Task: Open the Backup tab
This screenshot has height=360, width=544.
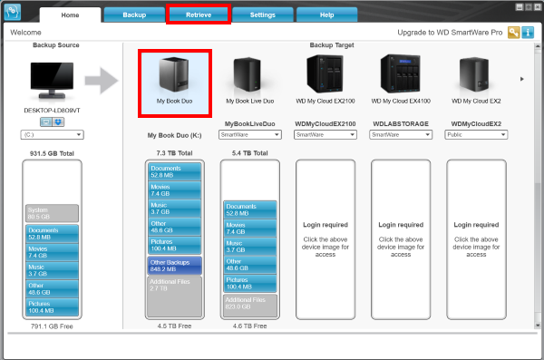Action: pos(134,15)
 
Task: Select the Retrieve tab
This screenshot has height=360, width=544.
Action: pos(199,15)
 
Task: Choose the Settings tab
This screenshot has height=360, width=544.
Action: pos(263,15)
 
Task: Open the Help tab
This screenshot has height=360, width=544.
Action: pos(326,15)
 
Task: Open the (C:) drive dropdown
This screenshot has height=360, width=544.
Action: pos(53,134)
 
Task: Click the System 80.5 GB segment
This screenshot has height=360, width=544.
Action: pos(53,212)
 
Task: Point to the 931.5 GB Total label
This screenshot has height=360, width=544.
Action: pos(51,153)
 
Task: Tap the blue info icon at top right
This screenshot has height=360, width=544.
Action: pos(528,33)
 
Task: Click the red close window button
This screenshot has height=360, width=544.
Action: pos(535,6)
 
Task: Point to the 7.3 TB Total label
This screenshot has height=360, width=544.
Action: pos(174,153)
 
